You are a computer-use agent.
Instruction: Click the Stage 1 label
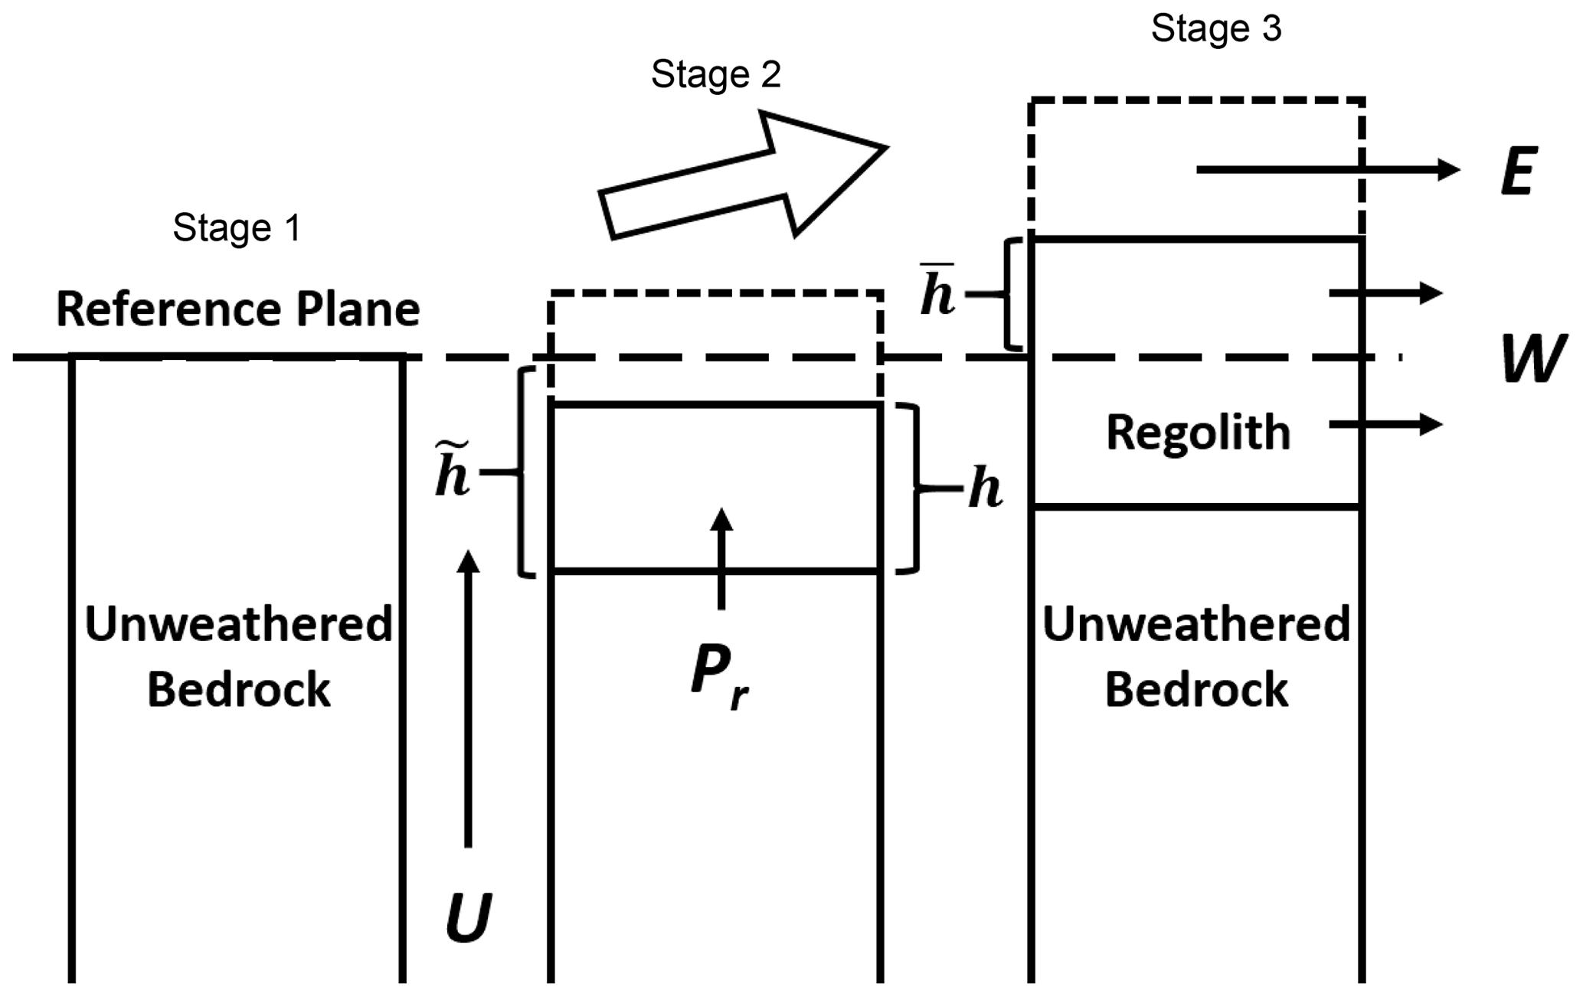237,228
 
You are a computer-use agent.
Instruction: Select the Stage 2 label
715,75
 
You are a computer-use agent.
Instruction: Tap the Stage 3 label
1216,29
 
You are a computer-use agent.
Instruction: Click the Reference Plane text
238,309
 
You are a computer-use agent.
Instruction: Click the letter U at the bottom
468,917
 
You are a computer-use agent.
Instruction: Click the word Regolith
1198,432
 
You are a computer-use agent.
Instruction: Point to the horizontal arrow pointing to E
1327,169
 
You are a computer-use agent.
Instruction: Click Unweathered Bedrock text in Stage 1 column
238,656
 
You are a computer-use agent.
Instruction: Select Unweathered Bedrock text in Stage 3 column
1196,656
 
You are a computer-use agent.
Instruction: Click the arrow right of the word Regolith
1385,423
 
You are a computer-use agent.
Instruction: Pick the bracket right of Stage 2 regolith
911,488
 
